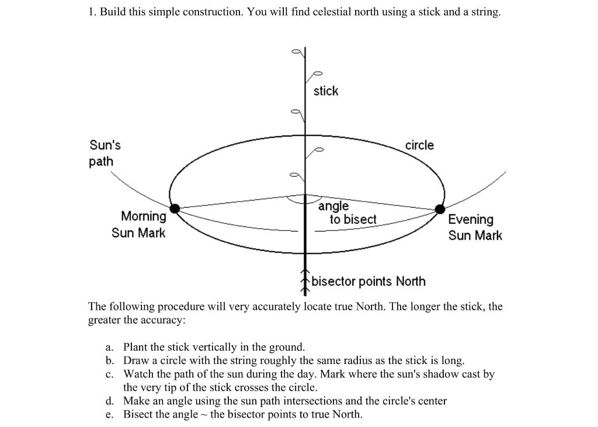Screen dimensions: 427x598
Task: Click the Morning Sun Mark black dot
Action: [174, 208]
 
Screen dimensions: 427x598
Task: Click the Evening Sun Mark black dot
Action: [440, 209]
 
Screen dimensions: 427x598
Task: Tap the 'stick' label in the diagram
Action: [326, 91]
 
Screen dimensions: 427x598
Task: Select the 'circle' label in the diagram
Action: [419, 145]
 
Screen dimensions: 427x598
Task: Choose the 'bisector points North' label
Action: [368, 282]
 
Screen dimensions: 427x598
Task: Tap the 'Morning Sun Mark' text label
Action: [140, 225]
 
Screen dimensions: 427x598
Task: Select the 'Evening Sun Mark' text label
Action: [474, 228]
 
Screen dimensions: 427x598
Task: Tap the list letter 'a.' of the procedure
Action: [110, 347]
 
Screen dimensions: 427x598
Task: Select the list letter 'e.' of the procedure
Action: [110, 415]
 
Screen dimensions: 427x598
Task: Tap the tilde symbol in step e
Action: [204, 415]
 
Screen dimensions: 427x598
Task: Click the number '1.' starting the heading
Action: [92, 12]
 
